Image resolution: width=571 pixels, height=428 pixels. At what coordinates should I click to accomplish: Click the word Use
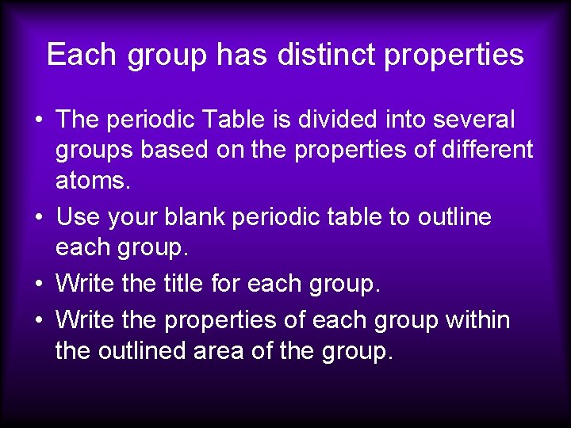click(x=78, y=216)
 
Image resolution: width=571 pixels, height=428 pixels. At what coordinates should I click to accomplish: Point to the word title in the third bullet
click(x=185, y=284)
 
